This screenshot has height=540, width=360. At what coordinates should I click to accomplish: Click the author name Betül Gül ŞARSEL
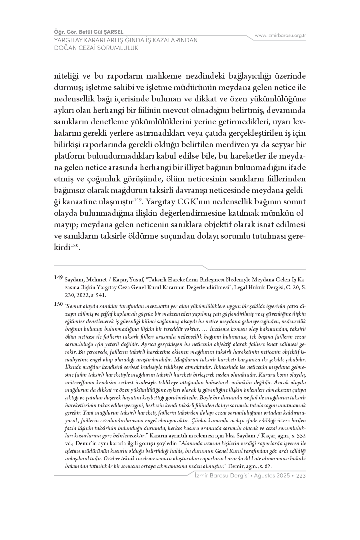(99, 32)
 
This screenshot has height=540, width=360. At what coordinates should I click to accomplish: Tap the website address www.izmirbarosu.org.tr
(280, 35)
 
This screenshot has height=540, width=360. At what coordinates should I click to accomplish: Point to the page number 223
(301, 476)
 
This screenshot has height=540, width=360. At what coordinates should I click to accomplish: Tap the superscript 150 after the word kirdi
(74, 245)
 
